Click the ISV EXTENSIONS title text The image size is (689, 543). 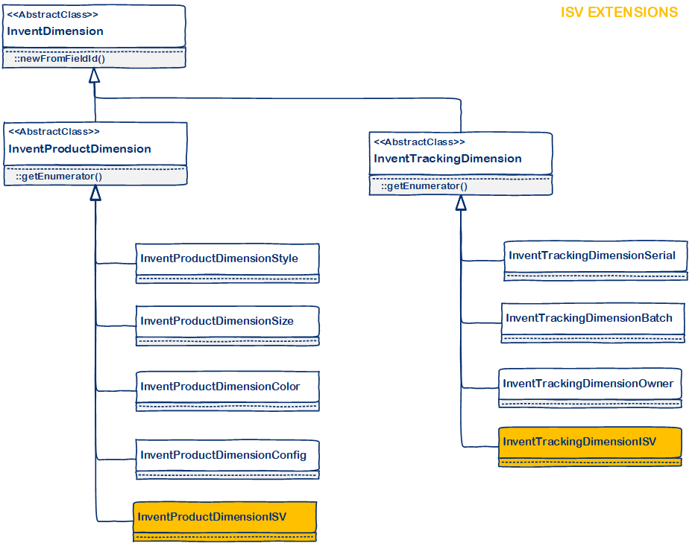(x=619, y=13)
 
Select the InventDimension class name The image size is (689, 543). (x=55, y=31)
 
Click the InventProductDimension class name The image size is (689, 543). (x=80, y=149)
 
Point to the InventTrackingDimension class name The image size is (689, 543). (x=447, y=159)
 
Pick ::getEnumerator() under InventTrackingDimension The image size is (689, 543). (x=424, y=186)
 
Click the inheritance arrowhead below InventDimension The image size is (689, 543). (x=94, y=75)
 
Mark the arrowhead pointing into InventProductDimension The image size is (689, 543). (x=95, y=193)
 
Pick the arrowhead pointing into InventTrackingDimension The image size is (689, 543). (x=461, y=203)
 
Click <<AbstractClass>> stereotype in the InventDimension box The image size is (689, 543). (x=52, y=15)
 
